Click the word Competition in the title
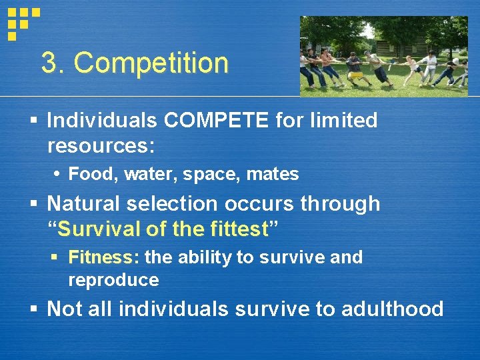click(151, 63)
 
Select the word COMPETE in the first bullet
click(211, 121)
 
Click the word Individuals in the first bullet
click(102, 121)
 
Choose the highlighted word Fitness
click(100, 257)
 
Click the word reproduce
click(113, 280)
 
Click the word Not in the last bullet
click(63, 309)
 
